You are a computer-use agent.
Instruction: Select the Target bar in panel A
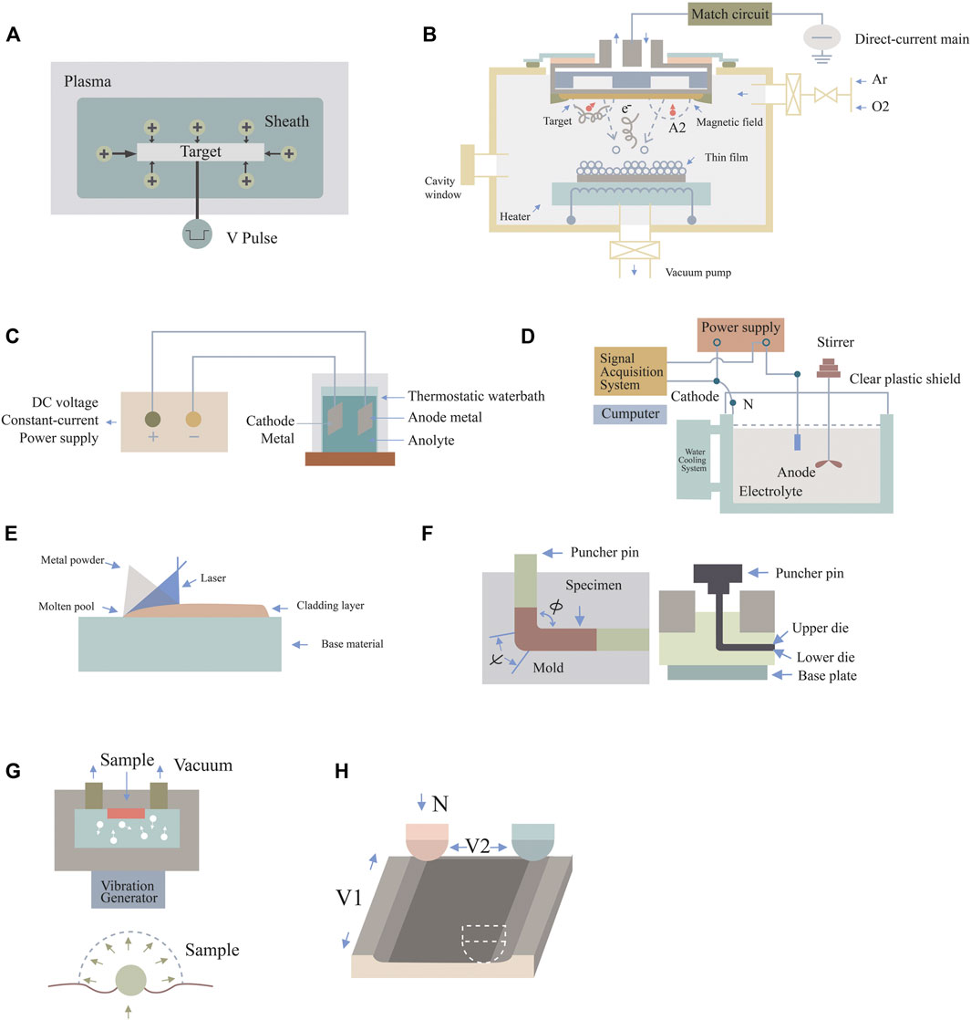201,152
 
